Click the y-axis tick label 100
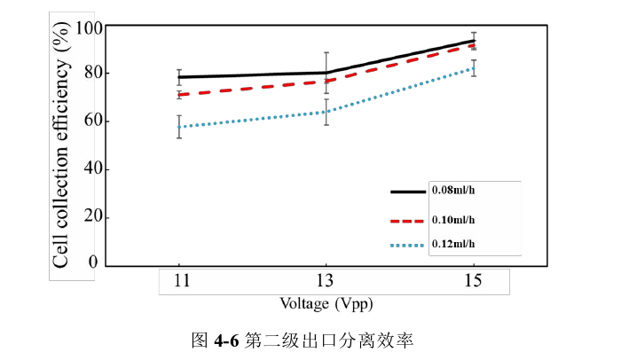click(90, 27)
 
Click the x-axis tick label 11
click(179, 282)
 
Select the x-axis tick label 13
click(326, 282)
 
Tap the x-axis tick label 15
click(474, 282)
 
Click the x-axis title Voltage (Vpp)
click(326, 303)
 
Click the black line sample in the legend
click(408, 191)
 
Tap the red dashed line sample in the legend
click(408, 221)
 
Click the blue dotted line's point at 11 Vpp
click(179, 127)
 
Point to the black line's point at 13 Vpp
click(326, 73)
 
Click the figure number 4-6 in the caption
click(225, 340)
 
